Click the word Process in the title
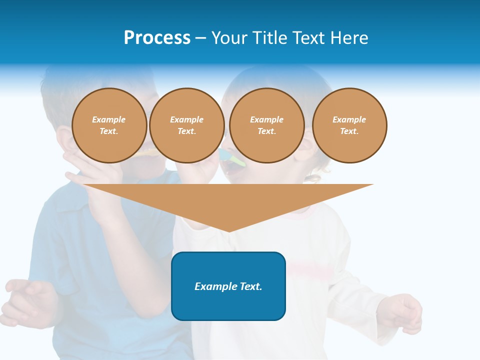click(x=157, y=38)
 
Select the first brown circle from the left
click(x=109, y=125)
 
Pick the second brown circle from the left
click(x=186, y=125)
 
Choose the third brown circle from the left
click(x=266, y=125)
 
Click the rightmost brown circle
click(x=349, y=125)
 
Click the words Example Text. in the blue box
click(x=228, y=286)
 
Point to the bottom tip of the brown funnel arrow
click(x=228, y=231)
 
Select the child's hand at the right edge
click(x=405, y=312)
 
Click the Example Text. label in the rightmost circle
click(x=349, y=125)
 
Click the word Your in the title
click(x=229, y=38)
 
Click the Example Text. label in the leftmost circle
click(x=109, y=125)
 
